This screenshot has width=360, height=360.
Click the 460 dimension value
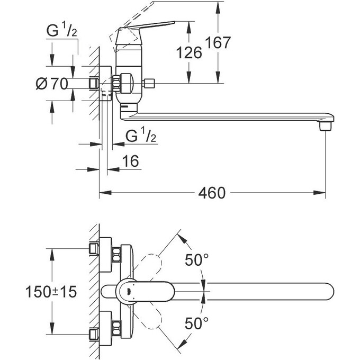[212, 193]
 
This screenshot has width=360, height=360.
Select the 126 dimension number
[190, 52]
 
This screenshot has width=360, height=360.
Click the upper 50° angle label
[197, 260]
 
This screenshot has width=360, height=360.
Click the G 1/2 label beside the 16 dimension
[141, 136]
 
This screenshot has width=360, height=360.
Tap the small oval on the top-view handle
[129, 290]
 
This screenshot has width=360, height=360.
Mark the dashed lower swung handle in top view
[154, 318]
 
